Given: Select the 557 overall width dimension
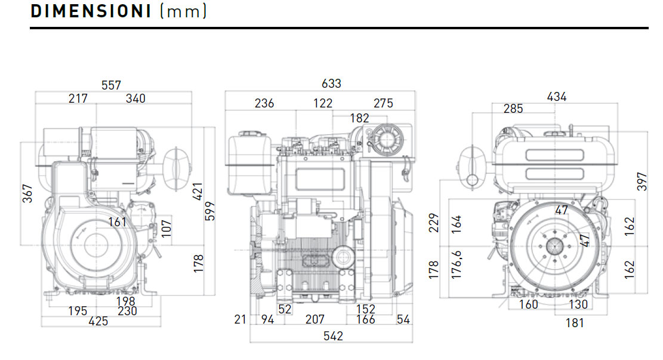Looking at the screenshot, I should pyautogui.click(x=112, y=85).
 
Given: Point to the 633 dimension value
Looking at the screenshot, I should pyautogui.click(x=331, y=84).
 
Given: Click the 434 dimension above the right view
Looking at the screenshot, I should pyautogui.click(x=557, y=97).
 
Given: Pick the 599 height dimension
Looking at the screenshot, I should pyautogui.click(x=209, y=212).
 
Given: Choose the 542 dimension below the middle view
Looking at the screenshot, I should pyautogui.click(x=333, y=336).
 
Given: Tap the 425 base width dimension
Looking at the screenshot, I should pyautogui.click(x=98, y=321).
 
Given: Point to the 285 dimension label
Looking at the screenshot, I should pyautogui.click(x=513, y=109).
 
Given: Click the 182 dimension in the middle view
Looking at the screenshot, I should pyautogui.click(x=359, y=118).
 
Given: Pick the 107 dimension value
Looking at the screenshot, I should pyautogui.click(x=167, y=227).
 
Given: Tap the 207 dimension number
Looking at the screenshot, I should pyautogui.click(x=315, y=319).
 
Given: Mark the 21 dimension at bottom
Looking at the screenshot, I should pyautogui.click(x=240, y=319).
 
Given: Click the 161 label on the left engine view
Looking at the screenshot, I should pyautogui.click(x=118, y=222).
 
